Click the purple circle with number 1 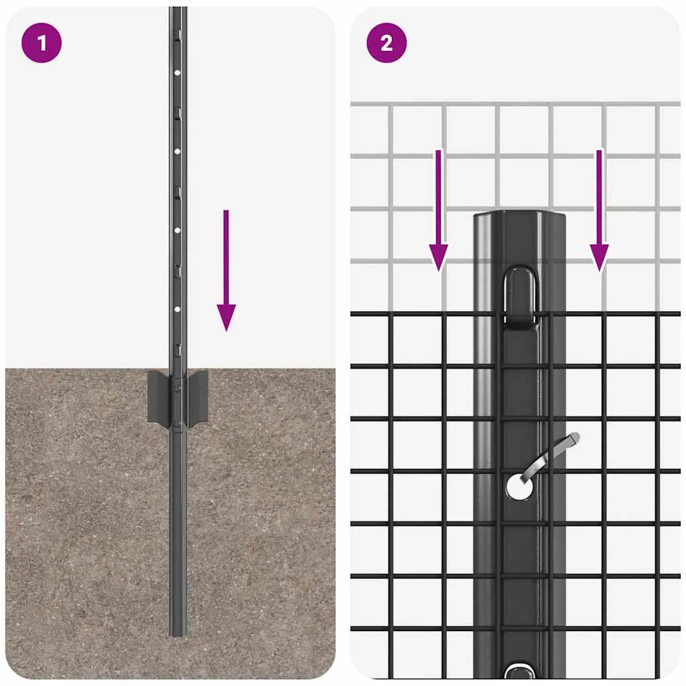[x=42, y=43]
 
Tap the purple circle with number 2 [x=387, y=43]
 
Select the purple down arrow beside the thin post [x=226, y=270]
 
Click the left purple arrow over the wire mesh [x=438, y=210]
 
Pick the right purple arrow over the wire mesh [x=600, y=210]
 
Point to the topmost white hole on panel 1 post [x=177, y=73]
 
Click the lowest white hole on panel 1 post [x=177, y=310]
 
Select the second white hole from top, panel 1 [x=177, y=151]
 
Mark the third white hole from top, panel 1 [x=177, y=230]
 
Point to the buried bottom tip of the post [x=178, y=635]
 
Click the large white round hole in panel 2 [x=519, y=486]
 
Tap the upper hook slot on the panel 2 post [x=520, y=297]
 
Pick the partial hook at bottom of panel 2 [x=520, y=671]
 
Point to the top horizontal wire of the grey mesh [x=515, y=104]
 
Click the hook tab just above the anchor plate [x=178, y=350]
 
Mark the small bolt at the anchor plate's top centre [x=177, y=387]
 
